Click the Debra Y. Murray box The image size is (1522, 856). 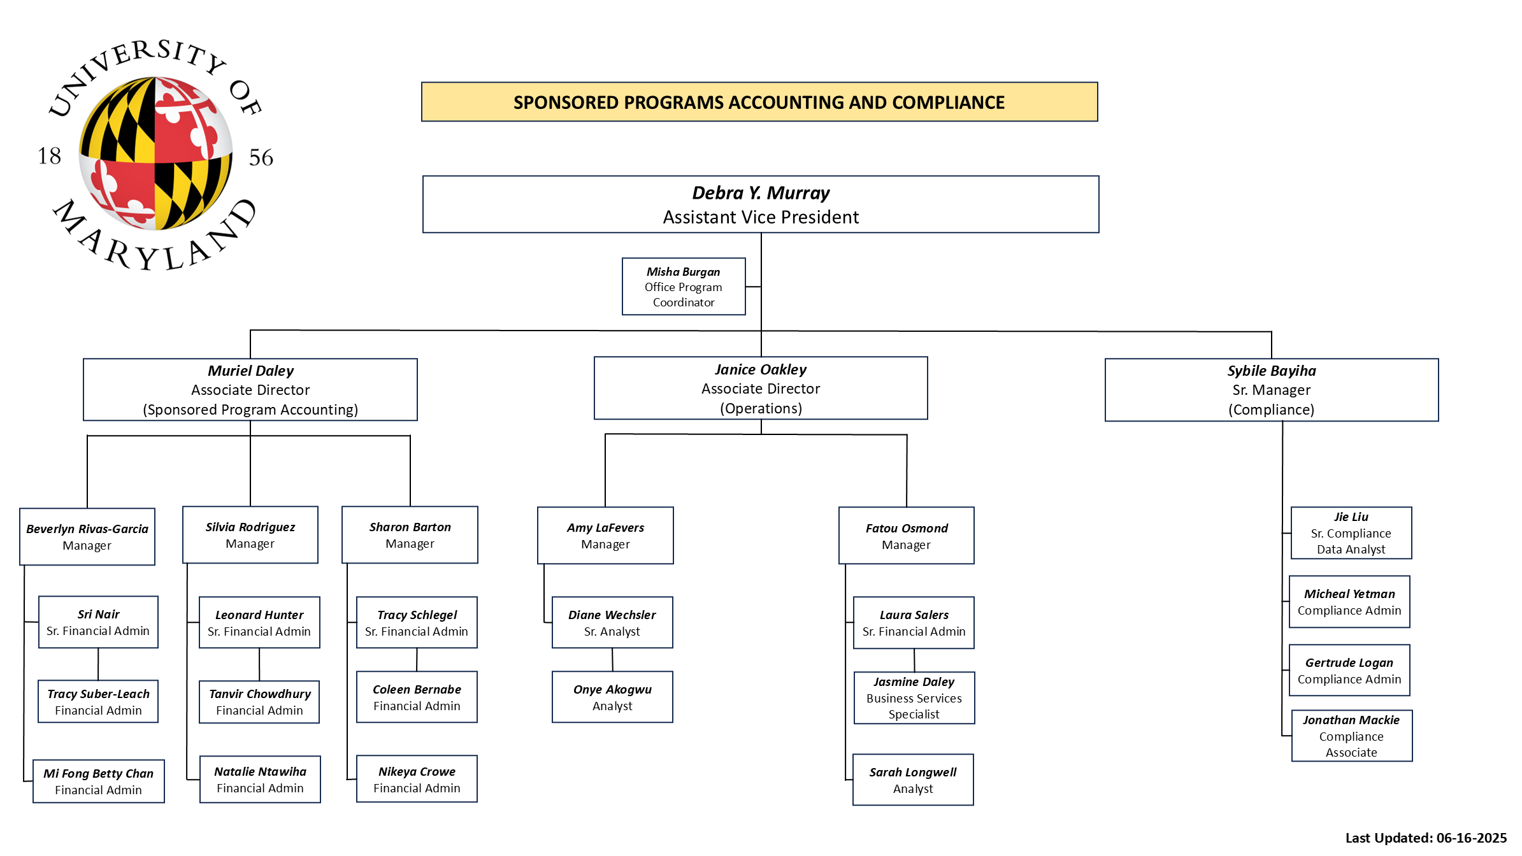pos(761,204)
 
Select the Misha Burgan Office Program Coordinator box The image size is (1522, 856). pos(684,287)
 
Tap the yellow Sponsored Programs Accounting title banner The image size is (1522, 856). pos(759,102)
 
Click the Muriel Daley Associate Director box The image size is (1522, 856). pos(250,390)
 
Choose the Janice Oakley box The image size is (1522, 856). pos(761,388)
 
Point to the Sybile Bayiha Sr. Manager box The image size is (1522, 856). pos(1272,390)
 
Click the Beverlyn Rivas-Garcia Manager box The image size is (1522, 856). pos(87,536)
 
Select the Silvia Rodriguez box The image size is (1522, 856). pos(250,535)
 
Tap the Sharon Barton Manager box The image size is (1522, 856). pos(410,535)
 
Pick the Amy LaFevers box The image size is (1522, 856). pos(605,536)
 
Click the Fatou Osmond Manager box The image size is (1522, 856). pos(907,536)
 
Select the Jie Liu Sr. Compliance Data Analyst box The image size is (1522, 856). pos(1351,533)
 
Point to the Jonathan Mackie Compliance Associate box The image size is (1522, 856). pos(1352,736)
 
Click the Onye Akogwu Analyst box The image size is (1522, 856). pos(612,697)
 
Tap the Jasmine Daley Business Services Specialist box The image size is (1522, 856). pos(914,698)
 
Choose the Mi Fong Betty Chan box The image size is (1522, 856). pos(99,781)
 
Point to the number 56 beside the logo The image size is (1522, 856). pos(261,157)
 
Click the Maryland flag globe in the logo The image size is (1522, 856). pos(155,153)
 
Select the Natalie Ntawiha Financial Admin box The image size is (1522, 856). pos(260,780)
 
